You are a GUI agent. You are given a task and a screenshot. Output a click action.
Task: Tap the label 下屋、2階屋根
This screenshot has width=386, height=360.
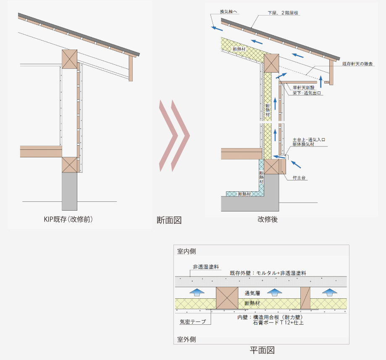click(284, 13)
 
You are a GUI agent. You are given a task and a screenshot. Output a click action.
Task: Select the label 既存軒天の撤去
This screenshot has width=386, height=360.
click(358, 64)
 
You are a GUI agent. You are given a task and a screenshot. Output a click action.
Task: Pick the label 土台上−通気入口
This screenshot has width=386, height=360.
click(309, 139)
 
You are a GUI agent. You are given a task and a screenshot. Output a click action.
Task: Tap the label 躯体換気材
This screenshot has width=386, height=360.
click(304, 144)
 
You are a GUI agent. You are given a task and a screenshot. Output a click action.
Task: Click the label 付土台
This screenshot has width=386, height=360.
click(299, 178)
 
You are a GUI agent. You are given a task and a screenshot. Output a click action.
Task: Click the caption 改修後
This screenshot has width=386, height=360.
click(268, 219)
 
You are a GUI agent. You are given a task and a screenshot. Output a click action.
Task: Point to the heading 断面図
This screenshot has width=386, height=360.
click(169, 220)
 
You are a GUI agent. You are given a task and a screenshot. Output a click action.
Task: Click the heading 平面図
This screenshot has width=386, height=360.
click(262, 350)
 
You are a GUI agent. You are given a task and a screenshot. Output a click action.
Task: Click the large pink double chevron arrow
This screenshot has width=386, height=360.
click(174, 136)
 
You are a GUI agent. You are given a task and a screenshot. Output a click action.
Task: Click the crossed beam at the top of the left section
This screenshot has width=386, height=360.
click(70, 58)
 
